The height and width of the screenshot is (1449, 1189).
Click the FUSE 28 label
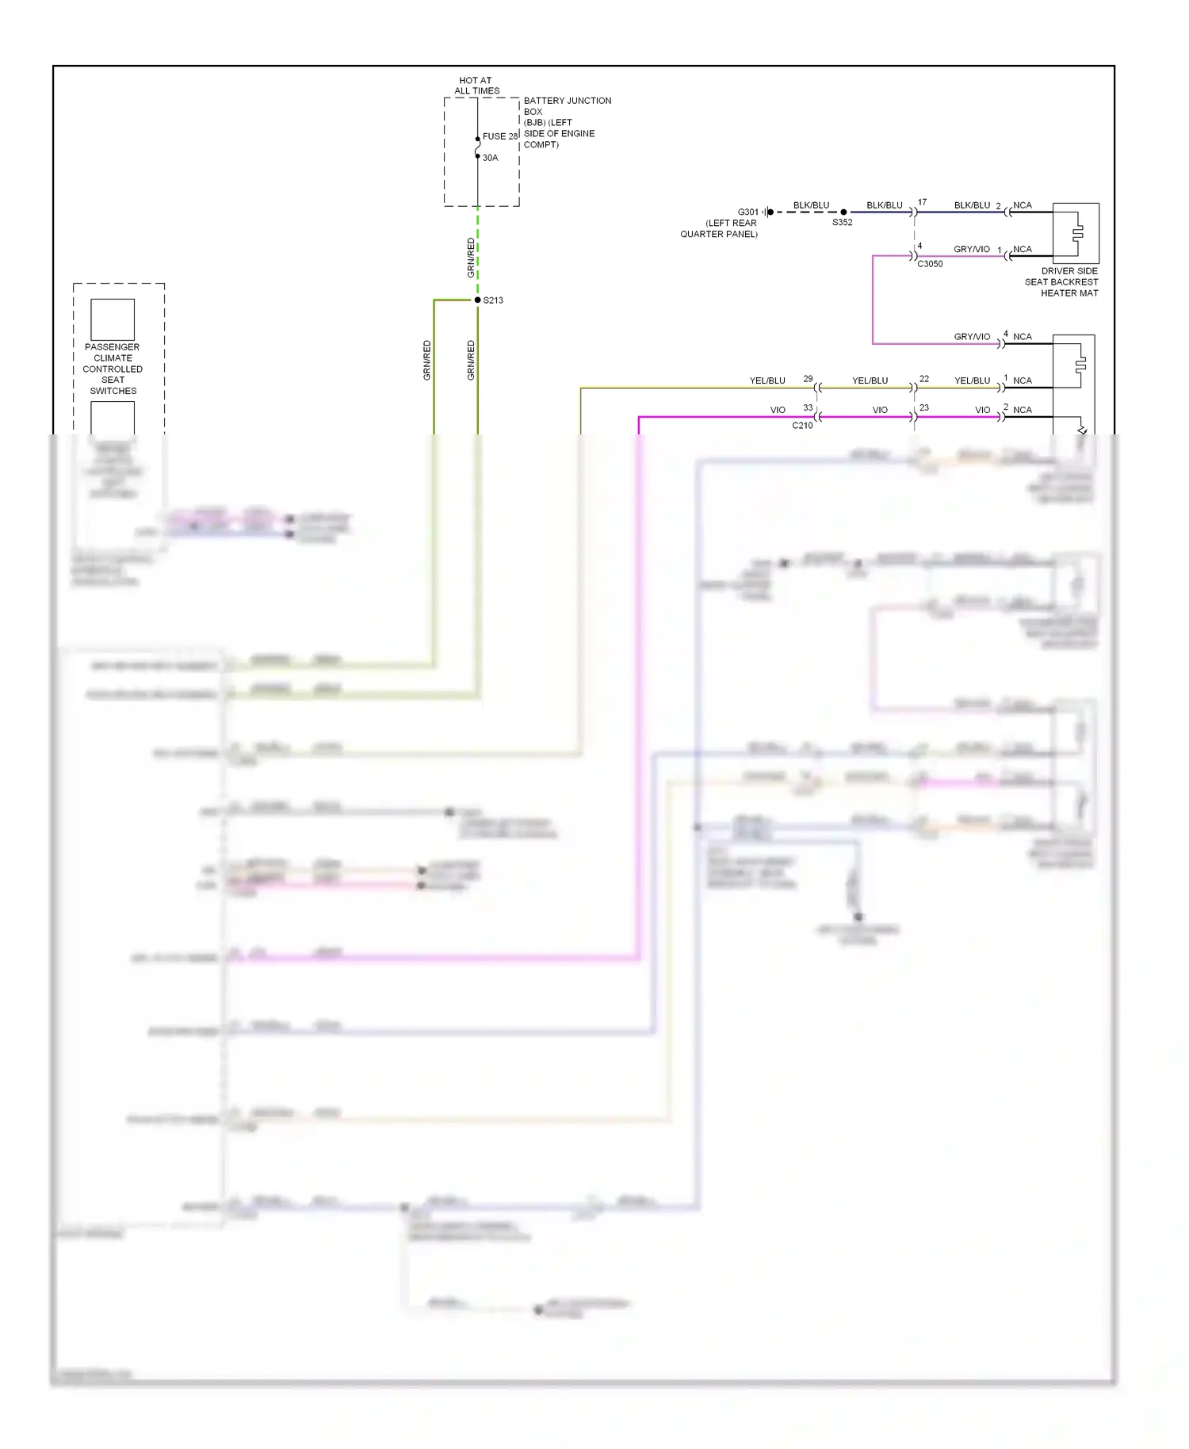[x=499, y=136]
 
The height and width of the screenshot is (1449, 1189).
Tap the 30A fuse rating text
[x=490, y=158]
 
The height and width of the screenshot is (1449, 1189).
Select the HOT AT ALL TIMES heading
[x=476, y=86]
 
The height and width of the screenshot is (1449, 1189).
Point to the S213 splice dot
[x=478, y=300]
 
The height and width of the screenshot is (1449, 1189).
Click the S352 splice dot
[x=843, y=212]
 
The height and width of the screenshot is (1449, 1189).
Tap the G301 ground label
[x=747, y=212]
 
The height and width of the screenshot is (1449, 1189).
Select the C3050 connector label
[x=930, y=264]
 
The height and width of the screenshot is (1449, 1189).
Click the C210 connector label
[x=802, y=426]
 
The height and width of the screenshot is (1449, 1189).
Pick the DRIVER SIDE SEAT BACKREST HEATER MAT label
[x=1062, y=282]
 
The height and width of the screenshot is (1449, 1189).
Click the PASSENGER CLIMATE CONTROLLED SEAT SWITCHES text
[x=113, y=369]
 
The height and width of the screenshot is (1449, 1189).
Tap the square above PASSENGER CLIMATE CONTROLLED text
[x=113, y=319]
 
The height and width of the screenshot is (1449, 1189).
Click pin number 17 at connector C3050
[x=922, y=203]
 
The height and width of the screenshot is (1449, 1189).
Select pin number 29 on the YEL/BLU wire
[x=808, y=379]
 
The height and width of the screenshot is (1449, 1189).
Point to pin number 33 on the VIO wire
[x=808, y=407]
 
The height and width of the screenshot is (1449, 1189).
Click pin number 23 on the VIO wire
[x=923, y=407]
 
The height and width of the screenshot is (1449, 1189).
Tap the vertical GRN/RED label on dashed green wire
[x=471, y=257]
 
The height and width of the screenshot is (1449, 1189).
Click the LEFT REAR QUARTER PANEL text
[x=720, y=228]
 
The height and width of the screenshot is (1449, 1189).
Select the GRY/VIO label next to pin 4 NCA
[x=972, y=337]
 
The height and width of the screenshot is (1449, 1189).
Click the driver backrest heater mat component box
[x=1076, y=233]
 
